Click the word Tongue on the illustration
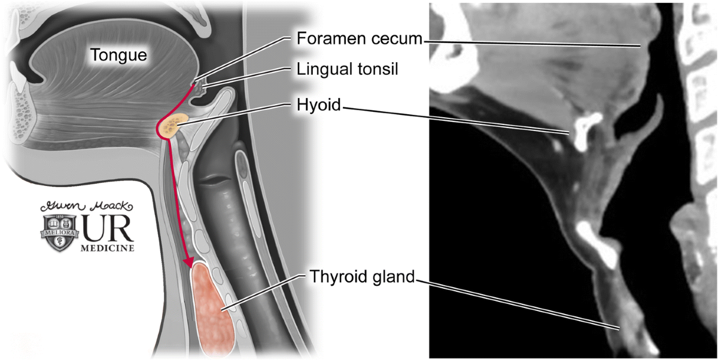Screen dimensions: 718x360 (118, 56)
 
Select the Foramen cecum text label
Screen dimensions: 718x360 (360, 39)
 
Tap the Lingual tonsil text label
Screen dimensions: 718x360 (348, 69)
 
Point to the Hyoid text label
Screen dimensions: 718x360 (318, 106)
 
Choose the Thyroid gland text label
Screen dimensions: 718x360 (361, 277)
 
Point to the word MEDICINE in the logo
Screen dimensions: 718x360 (107, 248)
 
